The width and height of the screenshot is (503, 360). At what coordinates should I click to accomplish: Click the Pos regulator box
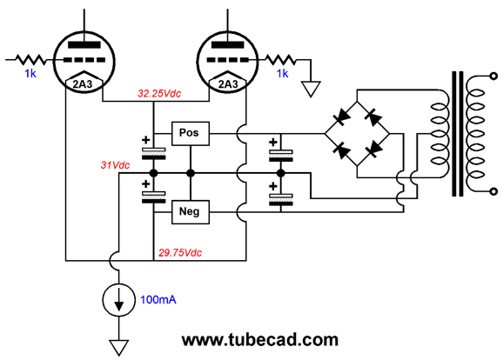point(191,133)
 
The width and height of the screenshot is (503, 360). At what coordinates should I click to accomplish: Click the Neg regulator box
point(191,212)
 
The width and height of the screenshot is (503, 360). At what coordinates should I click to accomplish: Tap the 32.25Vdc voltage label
point(159,94)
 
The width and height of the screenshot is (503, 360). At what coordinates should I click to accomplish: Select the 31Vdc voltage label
point(115,165)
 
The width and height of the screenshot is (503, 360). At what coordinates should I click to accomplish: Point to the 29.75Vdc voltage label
point(180,253)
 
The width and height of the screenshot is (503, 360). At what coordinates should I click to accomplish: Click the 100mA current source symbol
point(118,300)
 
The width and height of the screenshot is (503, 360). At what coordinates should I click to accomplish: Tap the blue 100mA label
point(158,300)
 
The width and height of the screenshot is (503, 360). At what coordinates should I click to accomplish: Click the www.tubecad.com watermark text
point(260,340)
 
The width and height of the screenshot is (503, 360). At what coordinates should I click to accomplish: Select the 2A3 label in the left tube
point(83,84)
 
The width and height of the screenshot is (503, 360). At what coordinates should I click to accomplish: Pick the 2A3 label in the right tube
point(228,84)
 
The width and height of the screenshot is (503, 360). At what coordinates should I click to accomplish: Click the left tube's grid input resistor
point(30,60)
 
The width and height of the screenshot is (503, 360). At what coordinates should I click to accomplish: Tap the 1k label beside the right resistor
point(282,74)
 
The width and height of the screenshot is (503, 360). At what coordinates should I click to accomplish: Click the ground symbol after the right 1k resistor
point(311,89)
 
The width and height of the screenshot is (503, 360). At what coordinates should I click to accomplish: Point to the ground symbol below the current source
point(118,348)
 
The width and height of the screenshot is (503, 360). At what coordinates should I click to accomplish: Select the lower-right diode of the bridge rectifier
point(373,150)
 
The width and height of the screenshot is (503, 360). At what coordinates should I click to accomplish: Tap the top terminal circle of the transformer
point(494,77)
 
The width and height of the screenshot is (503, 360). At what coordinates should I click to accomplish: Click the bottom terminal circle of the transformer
point(494,191)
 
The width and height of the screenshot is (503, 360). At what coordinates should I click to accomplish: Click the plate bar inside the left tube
point(84,45)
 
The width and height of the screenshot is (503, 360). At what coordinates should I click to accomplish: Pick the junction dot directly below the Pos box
point(191,173)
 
